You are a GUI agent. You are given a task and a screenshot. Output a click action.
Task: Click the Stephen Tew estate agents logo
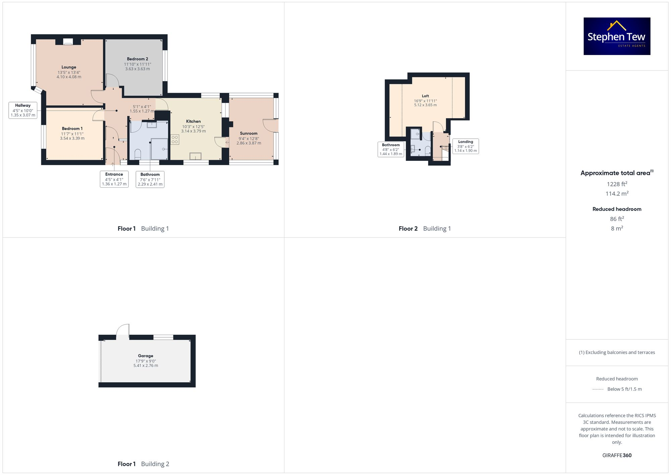pos(617,36)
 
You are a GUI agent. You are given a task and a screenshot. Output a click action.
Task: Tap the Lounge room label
pos(69,67)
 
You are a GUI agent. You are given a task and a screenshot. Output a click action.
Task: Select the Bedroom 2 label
pos(137,59)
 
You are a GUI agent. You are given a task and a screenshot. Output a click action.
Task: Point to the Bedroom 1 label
pos(72,129)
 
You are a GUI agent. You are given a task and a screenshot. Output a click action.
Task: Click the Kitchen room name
pos(193,122)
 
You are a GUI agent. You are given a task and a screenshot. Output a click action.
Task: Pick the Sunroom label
pos(249,133)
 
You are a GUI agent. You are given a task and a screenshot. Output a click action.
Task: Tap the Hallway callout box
pos(23,110)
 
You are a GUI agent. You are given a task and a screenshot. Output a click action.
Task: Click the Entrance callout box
pos(114,179)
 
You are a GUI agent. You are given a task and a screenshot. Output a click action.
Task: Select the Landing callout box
pos(465,146)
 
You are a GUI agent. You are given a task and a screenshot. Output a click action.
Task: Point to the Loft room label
pos(425,96)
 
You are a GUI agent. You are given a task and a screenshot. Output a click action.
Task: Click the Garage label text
pos(146,356)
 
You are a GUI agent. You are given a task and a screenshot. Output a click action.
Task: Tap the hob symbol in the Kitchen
pos(175,139)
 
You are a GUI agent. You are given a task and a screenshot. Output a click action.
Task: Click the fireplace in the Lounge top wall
pos(68,42)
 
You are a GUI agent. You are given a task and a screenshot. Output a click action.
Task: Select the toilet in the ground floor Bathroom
pos(138,154)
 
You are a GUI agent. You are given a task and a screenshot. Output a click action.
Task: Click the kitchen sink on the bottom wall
pos(195,156)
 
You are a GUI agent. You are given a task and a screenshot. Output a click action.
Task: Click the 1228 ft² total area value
pos(617,184)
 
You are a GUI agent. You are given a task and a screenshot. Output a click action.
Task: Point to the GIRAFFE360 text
pos(617,456)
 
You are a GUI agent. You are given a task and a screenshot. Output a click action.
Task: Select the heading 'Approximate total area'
pos(615,173)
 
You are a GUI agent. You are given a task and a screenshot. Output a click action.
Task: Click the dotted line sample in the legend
pos(598,389)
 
